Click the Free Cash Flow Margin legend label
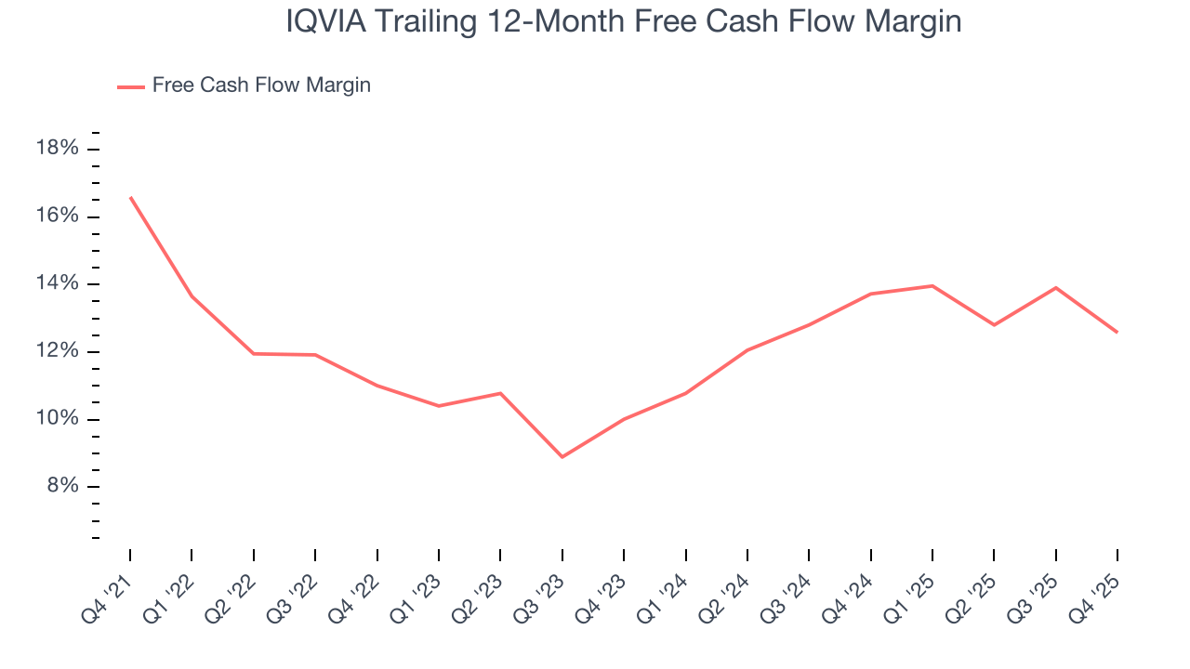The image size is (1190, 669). point(261,85)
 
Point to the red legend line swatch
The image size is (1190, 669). point(131,86)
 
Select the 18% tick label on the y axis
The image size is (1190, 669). point(56,150)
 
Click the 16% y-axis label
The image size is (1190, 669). point(56,216)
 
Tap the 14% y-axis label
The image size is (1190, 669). point(56,284)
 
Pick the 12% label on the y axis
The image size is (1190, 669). point(56,352)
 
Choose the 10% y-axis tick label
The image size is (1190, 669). point(56,419)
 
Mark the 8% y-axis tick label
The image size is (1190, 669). point(60,487)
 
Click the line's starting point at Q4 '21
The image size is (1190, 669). point(130,197)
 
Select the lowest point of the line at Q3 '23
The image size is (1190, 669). point(562,457)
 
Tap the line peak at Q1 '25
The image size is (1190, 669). point(932,285)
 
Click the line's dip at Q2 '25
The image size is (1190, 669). point(994,325)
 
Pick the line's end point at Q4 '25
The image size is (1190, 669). point(1117,332)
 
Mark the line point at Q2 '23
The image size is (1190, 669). point(500,393)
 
